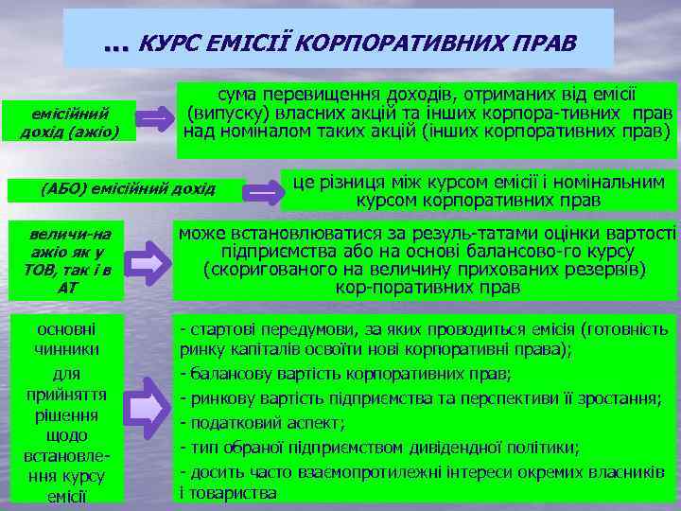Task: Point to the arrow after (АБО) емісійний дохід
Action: click(x=265, y=190)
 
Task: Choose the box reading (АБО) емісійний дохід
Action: click(x=128, y=188)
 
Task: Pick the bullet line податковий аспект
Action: click(x=264, y=421)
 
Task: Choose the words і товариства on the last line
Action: click(x=228, y=493)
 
